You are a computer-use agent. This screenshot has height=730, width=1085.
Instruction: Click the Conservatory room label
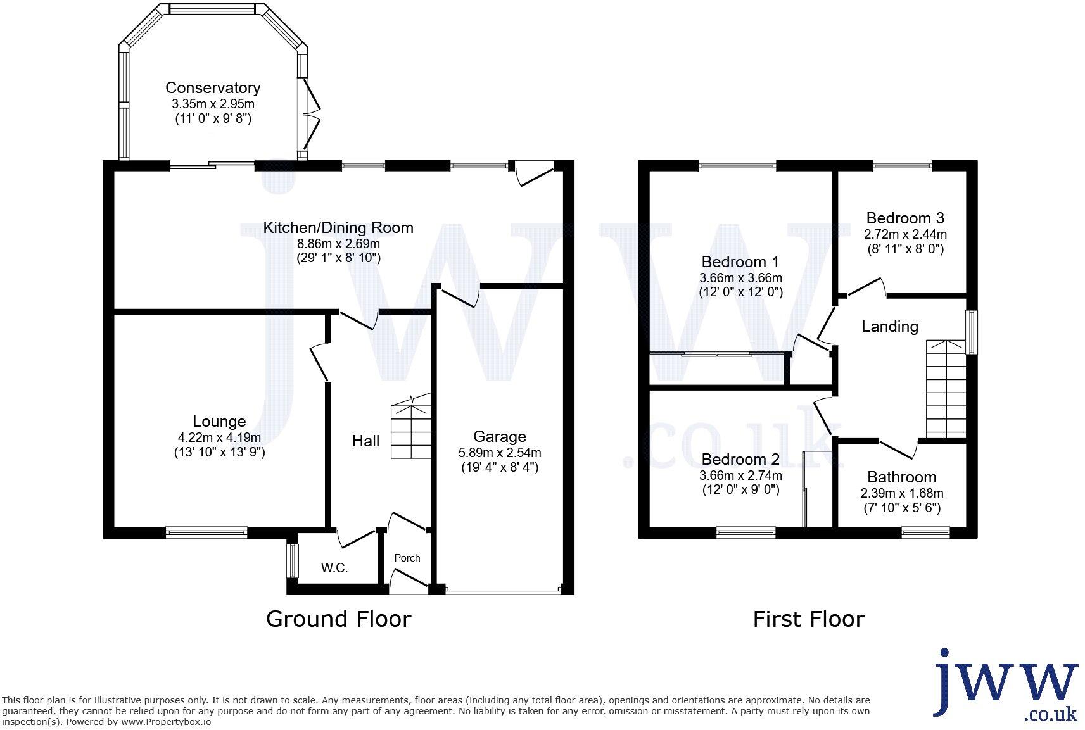[213, 88]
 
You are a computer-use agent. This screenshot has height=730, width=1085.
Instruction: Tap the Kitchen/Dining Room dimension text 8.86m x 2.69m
[338, 243]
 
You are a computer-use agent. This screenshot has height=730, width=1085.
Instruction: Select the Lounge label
[219, 422]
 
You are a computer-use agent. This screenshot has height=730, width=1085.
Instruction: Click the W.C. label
[334, 568]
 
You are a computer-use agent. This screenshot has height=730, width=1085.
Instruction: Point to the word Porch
[407, 558]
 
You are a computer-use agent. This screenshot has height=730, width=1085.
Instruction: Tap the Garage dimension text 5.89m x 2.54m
[499, 453]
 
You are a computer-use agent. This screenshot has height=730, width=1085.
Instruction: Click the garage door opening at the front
[503, 590]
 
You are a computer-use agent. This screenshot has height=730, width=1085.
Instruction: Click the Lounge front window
[206, 533]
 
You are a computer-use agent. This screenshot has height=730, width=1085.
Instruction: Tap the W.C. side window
[292, 560]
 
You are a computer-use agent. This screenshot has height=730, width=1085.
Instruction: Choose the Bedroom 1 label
[740, 262]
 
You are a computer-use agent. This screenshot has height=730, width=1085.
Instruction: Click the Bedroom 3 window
[901, 166]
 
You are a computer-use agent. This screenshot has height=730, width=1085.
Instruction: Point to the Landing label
[889, 327]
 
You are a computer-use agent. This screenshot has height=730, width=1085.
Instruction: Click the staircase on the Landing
[946, 389]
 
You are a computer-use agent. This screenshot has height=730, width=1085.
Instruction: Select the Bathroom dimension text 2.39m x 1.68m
[901, 493]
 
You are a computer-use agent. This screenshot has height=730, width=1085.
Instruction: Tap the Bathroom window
[925, 533]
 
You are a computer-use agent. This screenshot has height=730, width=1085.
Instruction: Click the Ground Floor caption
[338, 619]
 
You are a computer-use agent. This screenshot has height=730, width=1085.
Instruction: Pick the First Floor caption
[808, 619]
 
